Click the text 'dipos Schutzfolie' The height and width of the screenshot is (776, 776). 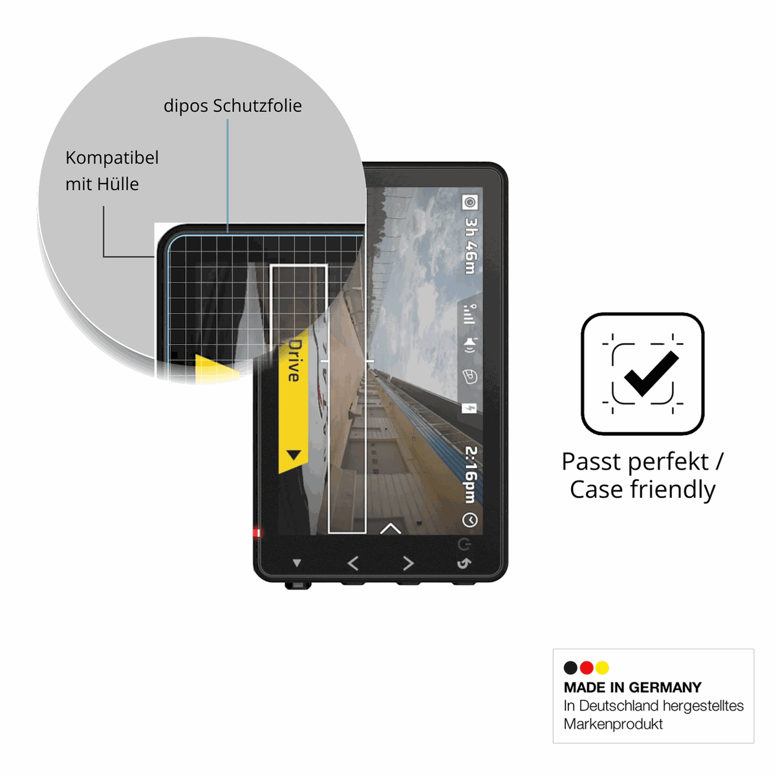click(x=232, y=106)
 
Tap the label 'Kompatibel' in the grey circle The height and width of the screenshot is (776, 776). click(x=112, y=157)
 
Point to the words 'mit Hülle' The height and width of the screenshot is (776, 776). click(x=102, y=184)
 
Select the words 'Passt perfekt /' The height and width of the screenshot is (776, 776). click(x=643, y=462)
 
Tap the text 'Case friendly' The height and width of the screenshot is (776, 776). click(x=643, y=490)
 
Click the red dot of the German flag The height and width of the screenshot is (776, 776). click(x=587, y=667)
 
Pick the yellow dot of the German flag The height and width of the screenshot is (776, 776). click(x=602, y=667)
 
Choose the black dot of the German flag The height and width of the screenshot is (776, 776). click(x=570, y=667)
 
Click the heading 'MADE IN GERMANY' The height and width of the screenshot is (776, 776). click(x=632, y=687)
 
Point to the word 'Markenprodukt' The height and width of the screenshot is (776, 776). click(x=613, y=724)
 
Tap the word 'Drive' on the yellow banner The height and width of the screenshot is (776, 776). click(x=295, y=360)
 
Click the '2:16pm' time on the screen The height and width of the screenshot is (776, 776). click(x=470, y=475)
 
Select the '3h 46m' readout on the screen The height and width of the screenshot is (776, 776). click(x=470, y=246)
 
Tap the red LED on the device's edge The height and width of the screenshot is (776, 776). click(x=257, y=533)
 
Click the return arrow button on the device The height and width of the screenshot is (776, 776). click(x=464, y=563)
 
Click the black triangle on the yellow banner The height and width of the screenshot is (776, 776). click(x=294, y=455)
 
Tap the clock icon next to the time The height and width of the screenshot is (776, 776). click(x=469, y=520)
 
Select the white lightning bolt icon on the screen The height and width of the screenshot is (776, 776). click(x=469, y=409)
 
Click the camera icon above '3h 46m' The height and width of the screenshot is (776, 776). click(x=469, y=202)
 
